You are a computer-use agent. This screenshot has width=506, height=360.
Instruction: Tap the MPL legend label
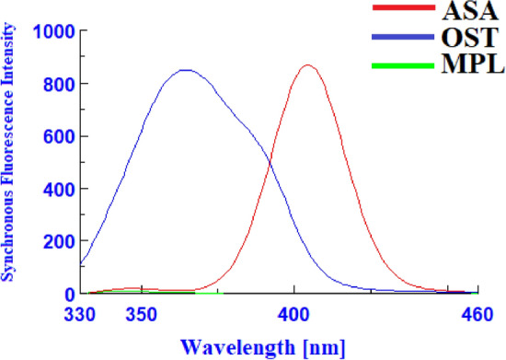click(466, 67)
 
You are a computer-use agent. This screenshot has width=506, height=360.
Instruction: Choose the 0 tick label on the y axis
click(68, 294)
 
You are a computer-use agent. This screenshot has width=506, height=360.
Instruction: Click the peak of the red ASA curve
click(307, 65)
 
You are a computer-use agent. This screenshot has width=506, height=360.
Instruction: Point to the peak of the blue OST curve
click(186, 69)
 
